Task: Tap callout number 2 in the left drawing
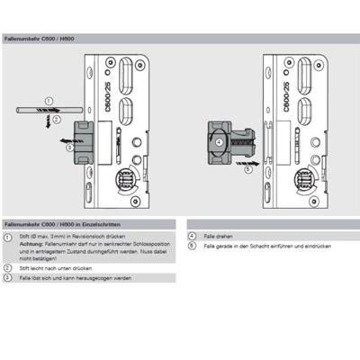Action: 57,119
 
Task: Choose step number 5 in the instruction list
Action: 192,246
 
